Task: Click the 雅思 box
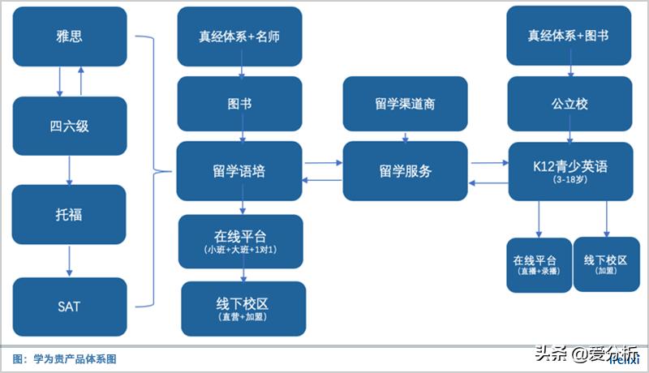[71, 36]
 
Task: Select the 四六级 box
[71, 126]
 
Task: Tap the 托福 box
[71, 215]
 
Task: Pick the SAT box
[71, 307]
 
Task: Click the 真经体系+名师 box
[239, 36]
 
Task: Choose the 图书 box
[239, 104]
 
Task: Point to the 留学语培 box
[239, 171]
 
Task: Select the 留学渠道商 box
[406, 104]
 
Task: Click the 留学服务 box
[406, 171]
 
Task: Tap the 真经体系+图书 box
[569, 36]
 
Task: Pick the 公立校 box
[569, 104]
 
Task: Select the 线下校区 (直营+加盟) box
[243, 309]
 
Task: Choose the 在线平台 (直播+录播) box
[535, 265]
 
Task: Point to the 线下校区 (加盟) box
[606, 264]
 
